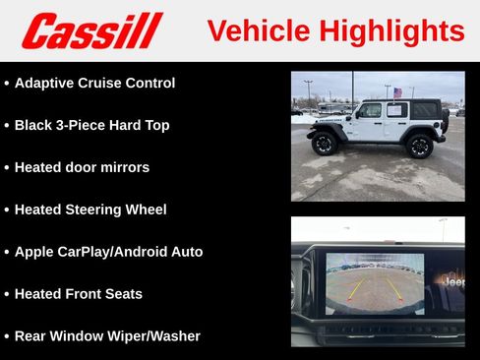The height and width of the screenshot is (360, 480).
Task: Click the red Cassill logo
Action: point(90,30)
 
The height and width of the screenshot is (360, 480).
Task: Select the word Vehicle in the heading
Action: point(257,30)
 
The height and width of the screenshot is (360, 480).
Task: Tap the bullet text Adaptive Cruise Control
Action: point(94,84)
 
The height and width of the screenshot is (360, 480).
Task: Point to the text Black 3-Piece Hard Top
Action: point(91,126)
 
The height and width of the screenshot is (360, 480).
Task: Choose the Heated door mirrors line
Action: point(82,167)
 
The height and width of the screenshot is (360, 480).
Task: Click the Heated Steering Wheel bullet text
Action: point(90,210)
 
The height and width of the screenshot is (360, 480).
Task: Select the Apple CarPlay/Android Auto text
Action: point(108,252)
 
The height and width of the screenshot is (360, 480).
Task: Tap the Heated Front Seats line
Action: point(78,294)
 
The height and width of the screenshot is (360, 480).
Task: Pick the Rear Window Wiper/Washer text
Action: point(107,336)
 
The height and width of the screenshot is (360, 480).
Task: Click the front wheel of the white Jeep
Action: point(325,144)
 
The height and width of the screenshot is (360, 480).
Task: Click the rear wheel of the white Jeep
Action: point(420,146)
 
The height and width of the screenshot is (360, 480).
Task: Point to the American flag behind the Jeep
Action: point(397,92)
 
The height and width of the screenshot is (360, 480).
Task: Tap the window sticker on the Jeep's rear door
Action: point(395,111)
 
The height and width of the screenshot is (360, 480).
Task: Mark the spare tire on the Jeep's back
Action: point(445,120)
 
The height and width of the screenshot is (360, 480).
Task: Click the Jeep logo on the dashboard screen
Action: point(452,282)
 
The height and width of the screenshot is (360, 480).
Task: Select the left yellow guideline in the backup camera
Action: point(355,287)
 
